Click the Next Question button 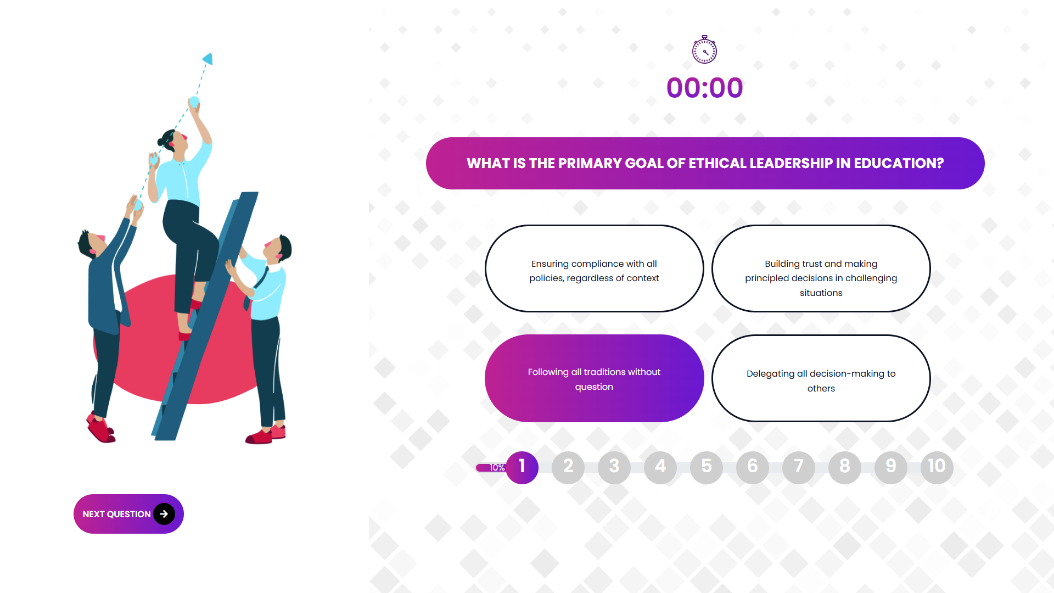(x=128, y=514)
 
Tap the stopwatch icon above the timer (x=704, y=50)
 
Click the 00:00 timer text (x=705, y=88)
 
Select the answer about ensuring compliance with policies (x=595, y=268)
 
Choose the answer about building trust (x=821, y=268)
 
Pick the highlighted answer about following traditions (x=595, y=378)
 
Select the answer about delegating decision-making (x=821, y=378)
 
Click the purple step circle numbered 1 (x=522, y=467)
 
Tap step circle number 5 (x=707, y=467)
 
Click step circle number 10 (x=937, y=467)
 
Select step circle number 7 (x=799, y=467)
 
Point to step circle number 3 (x=614, y=467)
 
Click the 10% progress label (x=497, y=468)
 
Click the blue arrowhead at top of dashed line (x=208, y=58)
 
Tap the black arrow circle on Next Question (x=164, y=514)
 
